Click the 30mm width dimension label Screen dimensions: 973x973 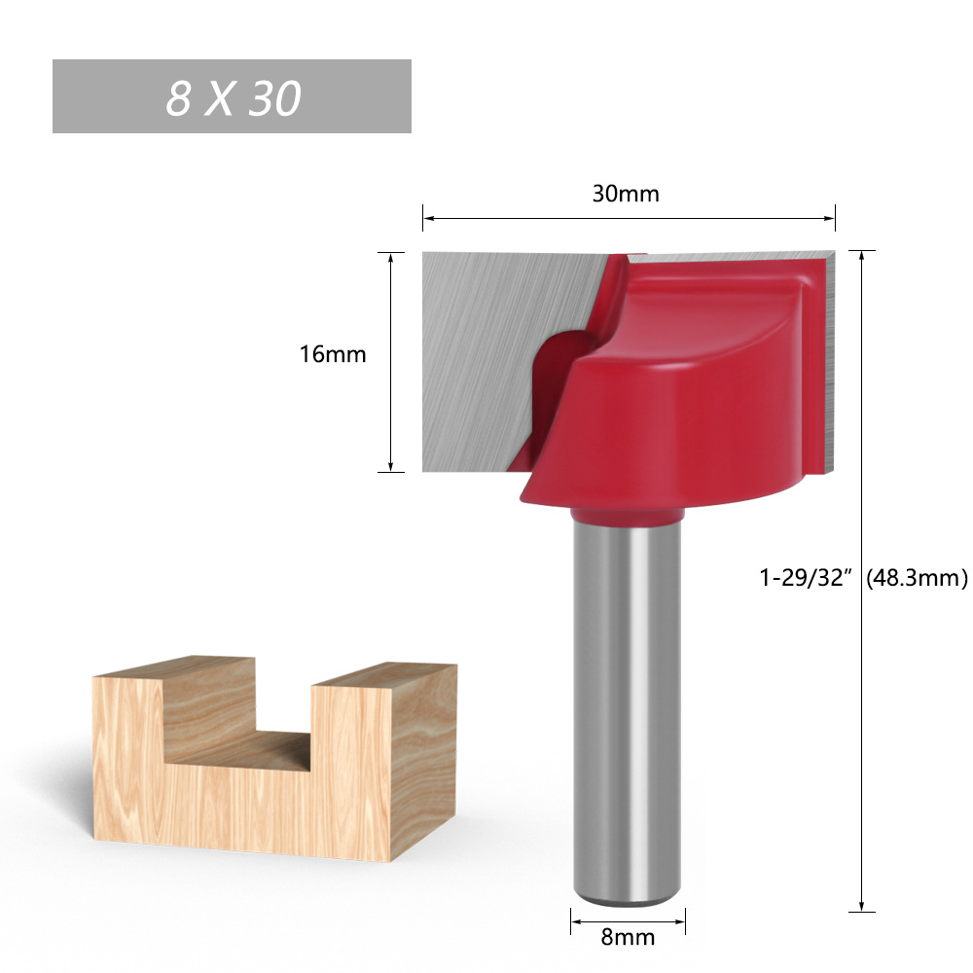click(626, 194)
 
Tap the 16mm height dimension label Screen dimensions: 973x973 click(333, 354)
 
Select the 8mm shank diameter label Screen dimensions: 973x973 click(629, 937)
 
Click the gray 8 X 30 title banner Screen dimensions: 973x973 click(232, 96)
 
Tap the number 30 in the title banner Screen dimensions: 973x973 click(274, 98)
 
